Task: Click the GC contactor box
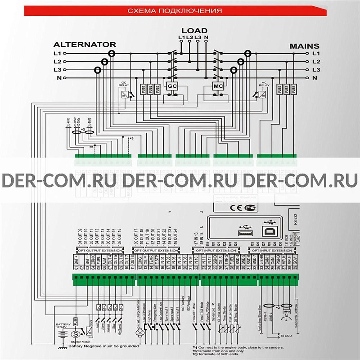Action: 172,85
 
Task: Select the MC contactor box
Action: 218,85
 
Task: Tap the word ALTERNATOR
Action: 85,45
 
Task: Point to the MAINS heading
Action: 304,46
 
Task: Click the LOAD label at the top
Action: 194,31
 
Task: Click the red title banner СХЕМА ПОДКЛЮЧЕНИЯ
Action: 180,10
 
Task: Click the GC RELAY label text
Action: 124,85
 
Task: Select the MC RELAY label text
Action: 264,85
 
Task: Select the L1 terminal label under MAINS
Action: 316,53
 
